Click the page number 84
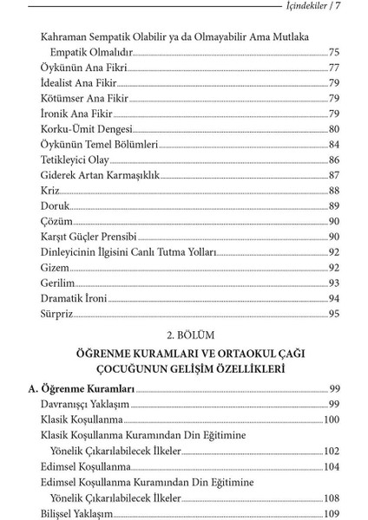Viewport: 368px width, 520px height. pyautogui.click(x=334, y=144)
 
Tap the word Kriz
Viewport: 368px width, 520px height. pyautogui.click(x=50, y=191)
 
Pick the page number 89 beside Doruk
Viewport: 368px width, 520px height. pyautogui.click(x=334, y=205)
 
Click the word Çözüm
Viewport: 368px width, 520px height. pyautogui.click(x=55, y=221)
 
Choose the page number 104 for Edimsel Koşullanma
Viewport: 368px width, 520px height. pyautogui.click(x=331, y=465)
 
